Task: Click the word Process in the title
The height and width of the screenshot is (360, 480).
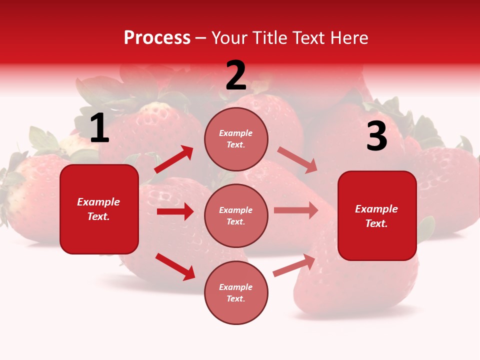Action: tap(157, 38)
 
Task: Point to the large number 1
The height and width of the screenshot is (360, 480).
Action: tap(99, 128)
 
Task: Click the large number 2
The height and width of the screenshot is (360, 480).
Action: tap(236, 75)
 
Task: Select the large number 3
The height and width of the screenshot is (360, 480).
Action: tap(376, 136)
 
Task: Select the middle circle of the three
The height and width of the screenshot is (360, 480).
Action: tap(236, 215)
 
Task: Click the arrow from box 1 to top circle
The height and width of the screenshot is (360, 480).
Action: tap(174, 159)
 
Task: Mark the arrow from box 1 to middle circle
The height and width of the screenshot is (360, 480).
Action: tap(175, 211)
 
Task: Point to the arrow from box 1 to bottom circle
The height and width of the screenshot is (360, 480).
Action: tap(175, 266)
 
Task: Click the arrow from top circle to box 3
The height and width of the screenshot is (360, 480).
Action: tap(297, 159)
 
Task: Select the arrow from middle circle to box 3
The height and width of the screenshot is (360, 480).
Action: tap(296, 210)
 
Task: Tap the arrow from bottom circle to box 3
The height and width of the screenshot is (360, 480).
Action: tap(294, 265)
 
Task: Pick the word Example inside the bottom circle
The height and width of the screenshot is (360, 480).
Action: tap(236, 287)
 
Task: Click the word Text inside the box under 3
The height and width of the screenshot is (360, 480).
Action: tap(376, 223)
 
